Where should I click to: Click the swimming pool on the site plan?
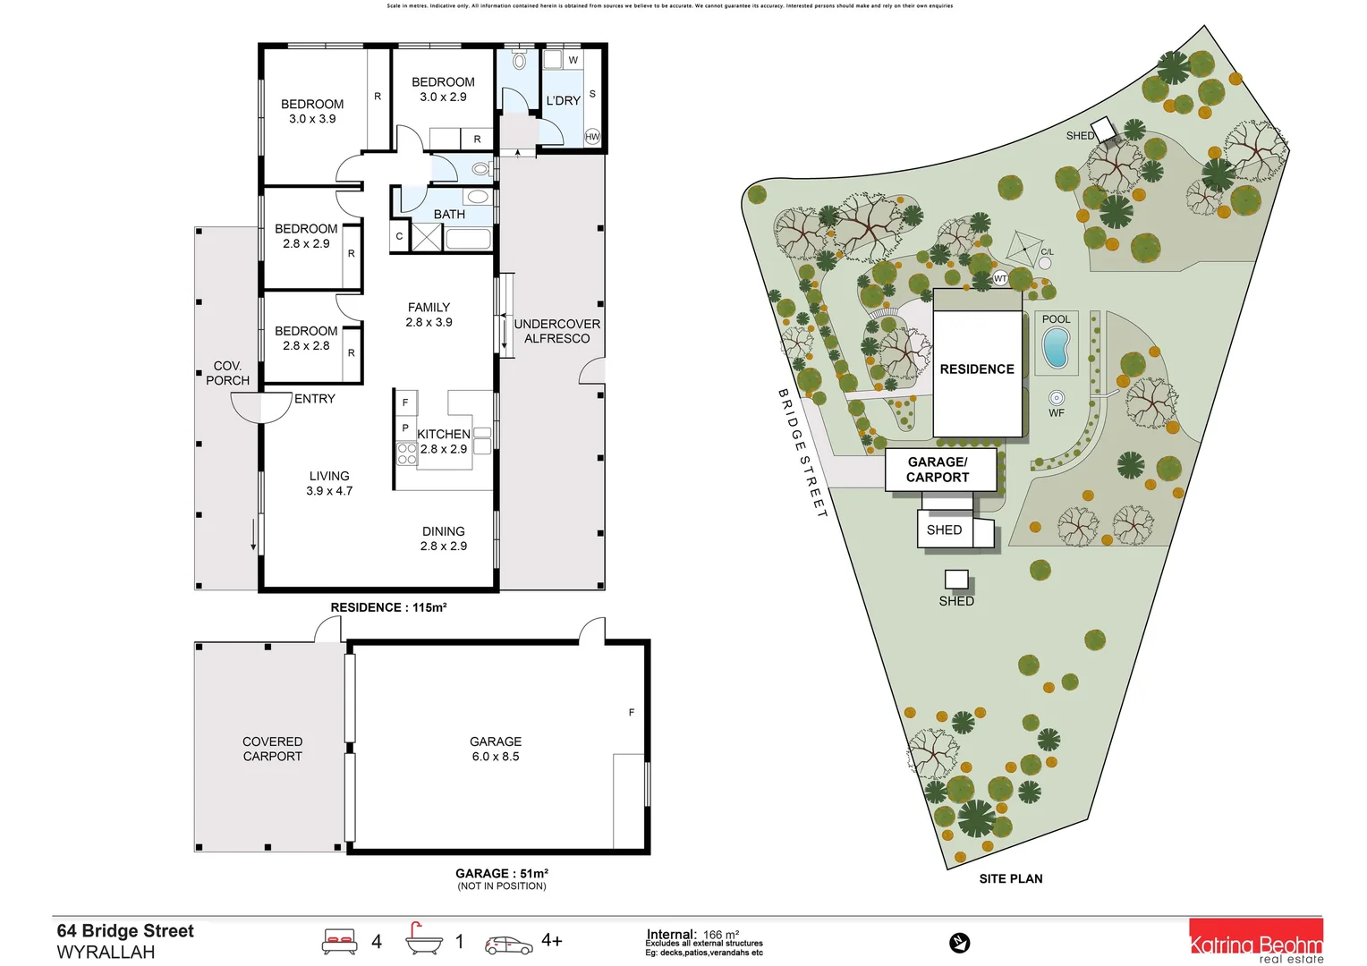[1056, 348]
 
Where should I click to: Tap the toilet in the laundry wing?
[520, 62]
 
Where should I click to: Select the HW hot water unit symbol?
[592, 137]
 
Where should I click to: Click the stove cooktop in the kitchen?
[406, 453]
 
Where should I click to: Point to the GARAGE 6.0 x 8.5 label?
[496, 749]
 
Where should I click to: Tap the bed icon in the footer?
[339, 941]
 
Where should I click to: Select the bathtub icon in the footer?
[423, 939]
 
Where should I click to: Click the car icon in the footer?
[508, 945]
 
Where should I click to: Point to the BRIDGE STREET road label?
[802, 453]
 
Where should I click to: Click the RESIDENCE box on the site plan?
[977, 369]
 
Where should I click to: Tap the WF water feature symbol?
[1057, 398]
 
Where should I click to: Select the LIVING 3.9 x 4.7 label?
[329, 483]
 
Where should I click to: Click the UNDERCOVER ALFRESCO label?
[556, 331]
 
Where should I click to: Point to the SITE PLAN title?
[1010, 878]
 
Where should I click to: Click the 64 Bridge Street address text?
[125, 931]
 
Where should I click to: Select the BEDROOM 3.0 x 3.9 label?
[312, 111]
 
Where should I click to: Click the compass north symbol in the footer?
[959, 943]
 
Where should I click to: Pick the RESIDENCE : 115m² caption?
[388, 607]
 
